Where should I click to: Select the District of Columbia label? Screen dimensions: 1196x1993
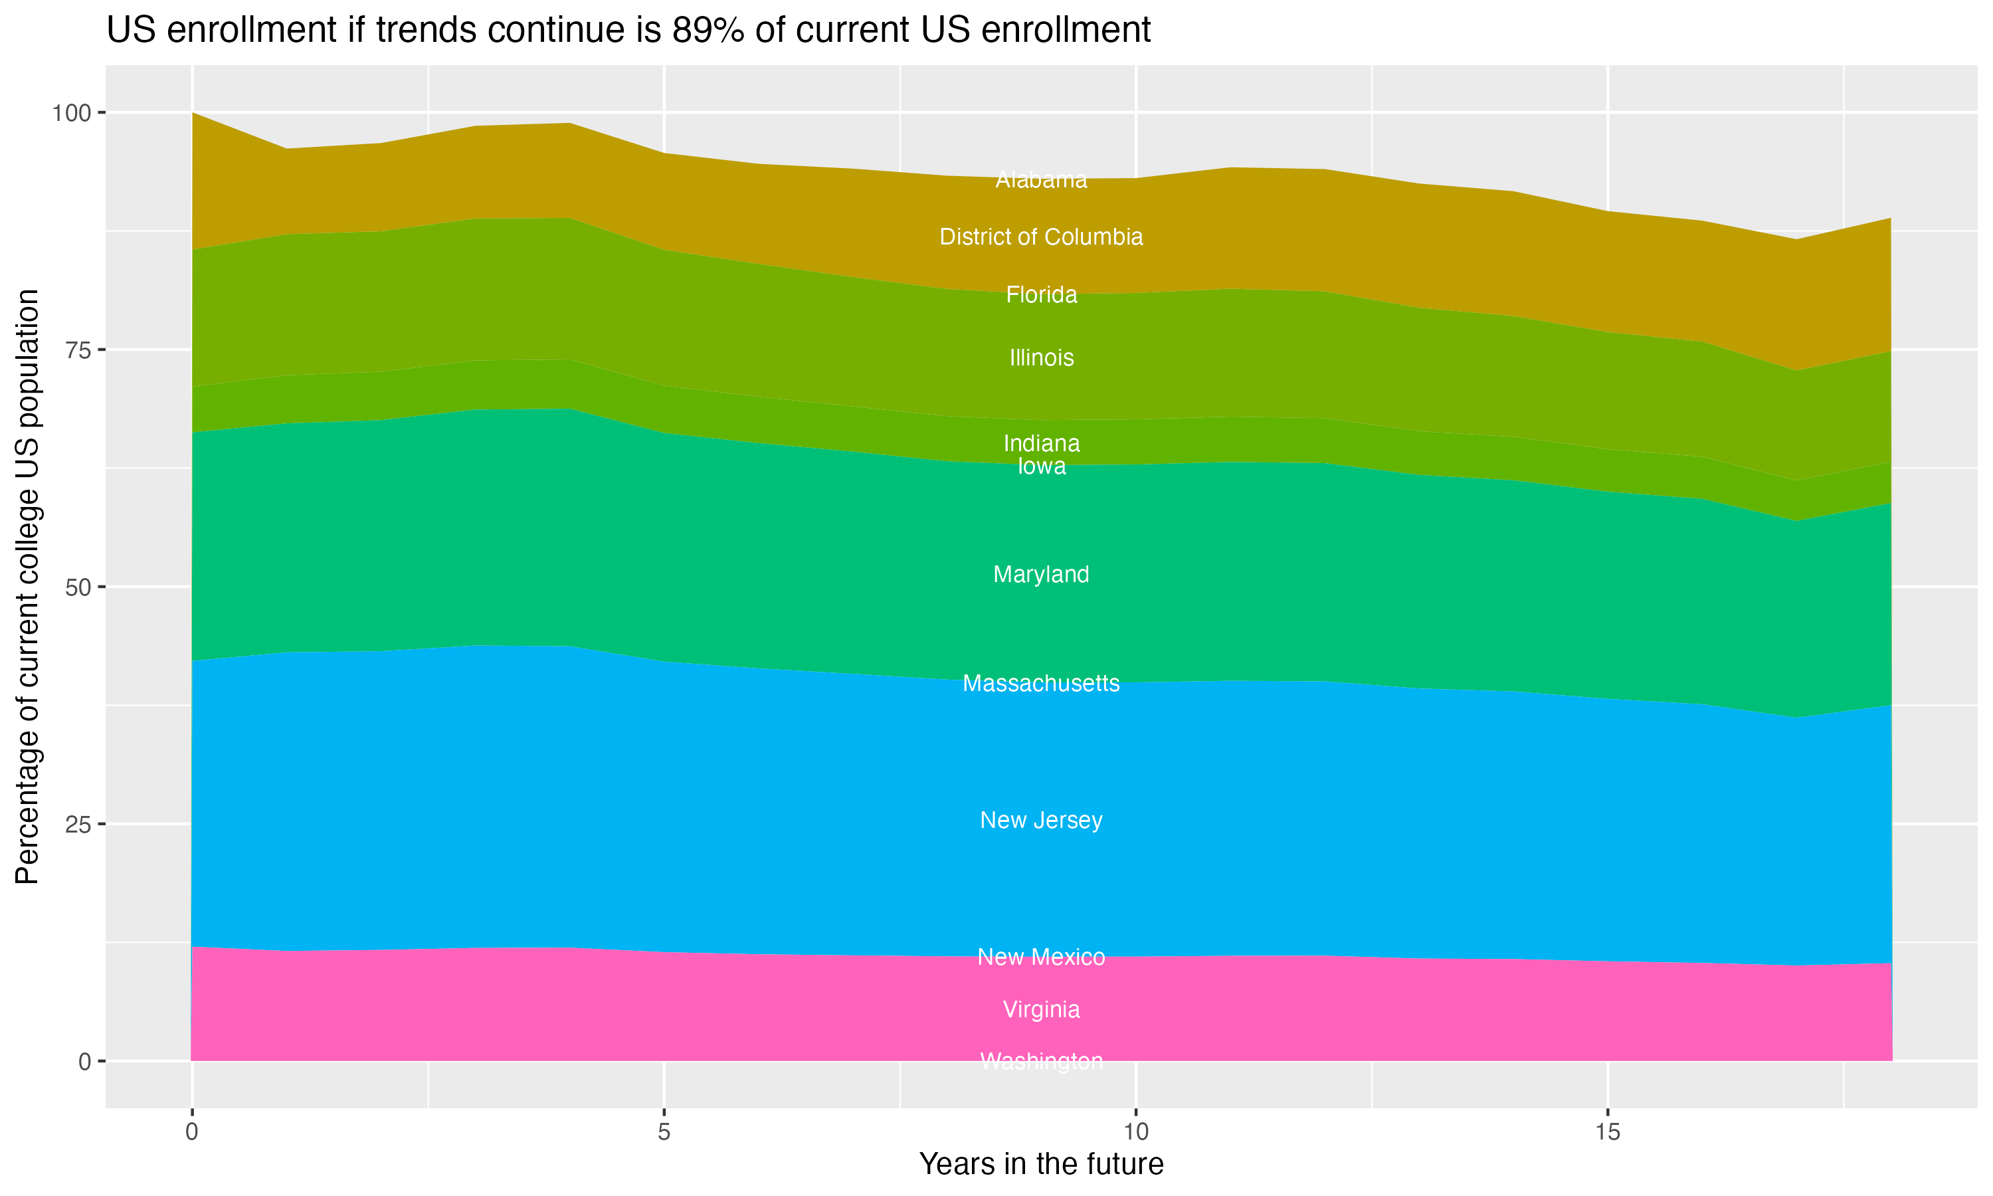tap(1041, 237)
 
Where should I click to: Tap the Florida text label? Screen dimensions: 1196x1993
tap(1041, 295)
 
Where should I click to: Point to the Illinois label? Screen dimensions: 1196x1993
tap(1041, 358)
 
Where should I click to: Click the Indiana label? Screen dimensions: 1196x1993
tap(1041, 443)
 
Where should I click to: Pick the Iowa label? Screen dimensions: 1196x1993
tap(1041, 466)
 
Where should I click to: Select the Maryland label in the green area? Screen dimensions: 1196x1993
tap(1041, 575)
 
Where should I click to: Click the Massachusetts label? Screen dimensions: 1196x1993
tap(1041, 684)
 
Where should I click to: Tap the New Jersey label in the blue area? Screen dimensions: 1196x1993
tap(1041, 821)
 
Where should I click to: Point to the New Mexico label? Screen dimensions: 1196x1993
tap(1041, 957)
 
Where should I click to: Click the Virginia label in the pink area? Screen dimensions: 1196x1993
tap(1041, 1010)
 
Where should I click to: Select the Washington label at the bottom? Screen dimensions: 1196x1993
tap(1041, 1061)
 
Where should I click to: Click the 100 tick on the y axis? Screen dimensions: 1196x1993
tap(72, 113)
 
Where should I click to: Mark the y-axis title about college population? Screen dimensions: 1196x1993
tap(27, 586)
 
